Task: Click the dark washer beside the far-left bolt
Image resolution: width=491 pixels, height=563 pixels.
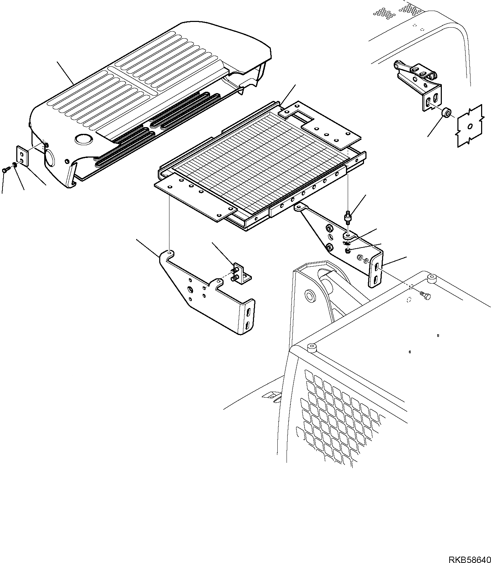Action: click(x=14, y=164)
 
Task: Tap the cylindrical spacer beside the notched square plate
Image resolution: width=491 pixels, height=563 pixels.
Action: click(x=447, y=114)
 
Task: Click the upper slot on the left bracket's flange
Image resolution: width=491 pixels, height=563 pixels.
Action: click(x=249, y=312)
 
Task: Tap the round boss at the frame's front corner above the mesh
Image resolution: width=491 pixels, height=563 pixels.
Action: click(x=311, y=348)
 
